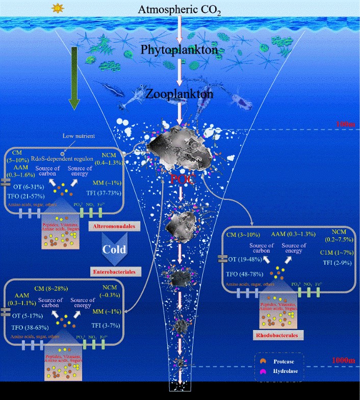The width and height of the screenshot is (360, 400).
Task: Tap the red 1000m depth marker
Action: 341,360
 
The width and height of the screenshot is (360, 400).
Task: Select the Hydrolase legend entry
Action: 292,370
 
